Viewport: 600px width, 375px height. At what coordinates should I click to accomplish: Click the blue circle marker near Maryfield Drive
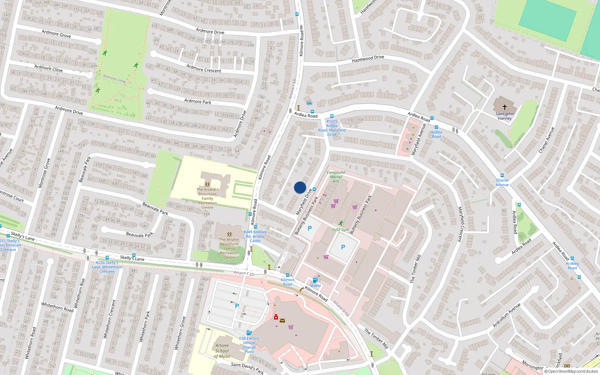click(300, 187)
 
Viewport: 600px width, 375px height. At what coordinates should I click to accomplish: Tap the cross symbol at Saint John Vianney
click(504, 107)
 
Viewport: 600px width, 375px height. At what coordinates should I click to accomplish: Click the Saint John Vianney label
click(504, 116)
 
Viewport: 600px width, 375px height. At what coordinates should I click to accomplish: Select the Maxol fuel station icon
click(315, 280)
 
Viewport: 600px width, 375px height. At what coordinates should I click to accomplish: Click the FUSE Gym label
click(340, 230)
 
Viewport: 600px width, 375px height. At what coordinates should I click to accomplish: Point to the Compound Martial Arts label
click(336, 177)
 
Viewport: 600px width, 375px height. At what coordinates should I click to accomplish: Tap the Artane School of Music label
click(222, 351)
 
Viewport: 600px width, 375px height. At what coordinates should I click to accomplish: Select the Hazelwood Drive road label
click(368, 58)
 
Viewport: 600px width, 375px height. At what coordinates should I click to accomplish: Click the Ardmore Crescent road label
click(204, 68)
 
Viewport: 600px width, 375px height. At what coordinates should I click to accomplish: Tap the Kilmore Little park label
click(114, 78)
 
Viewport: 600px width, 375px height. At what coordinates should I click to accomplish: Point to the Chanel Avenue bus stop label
click(502, 182)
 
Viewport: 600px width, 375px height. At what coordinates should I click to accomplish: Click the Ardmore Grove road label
click(56, 34)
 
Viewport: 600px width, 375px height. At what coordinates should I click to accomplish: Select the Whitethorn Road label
click(57, 307)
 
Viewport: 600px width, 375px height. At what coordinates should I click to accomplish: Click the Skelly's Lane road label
click(132, 258)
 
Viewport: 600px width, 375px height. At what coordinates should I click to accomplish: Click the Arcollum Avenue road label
click(507, 315)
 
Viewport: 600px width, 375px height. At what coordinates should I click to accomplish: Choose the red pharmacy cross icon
click(276, 317)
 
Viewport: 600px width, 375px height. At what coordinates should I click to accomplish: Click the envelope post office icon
click(282, 321)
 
